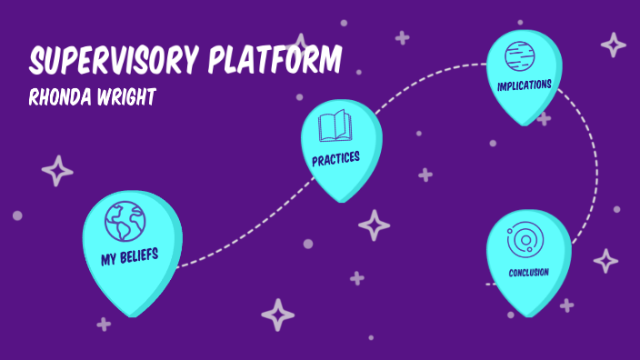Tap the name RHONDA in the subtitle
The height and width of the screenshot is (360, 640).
coord(62,95)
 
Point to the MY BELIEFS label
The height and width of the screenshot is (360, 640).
coord(130,256)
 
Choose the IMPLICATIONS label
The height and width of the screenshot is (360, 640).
coord(524,85)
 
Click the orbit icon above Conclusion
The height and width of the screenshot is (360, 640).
coord(525,241)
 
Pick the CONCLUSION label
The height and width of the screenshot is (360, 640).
coord(528,271)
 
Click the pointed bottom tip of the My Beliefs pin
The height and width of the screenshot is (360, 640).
coord(135,315)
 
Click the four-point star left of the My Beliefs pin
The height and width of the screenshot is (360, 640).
coord(57,171)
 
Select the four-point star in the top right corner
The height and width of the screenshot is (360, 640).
coord(614,45)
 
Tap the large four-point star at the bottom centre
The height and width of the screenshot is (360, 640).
coord(278,315)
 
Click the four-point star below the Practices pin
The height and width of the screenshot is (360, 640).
coord(373,224)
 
